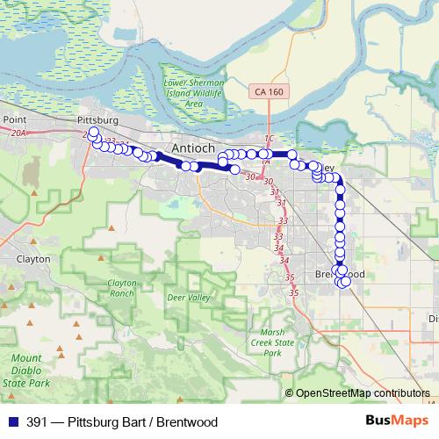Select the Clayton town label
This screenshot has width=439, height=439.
point(33,260)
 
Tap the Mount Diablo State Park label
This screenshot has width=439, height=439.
point(25,371)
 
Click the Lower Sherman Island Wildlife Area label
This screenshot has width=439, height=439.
point(194,93)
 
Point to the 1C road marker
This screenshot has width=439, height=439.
point(269,139)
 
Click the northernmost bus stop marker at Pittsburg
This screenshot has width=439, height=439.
point(92,132)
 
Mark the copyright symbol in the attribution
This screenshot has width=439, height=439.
point(290,393)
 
